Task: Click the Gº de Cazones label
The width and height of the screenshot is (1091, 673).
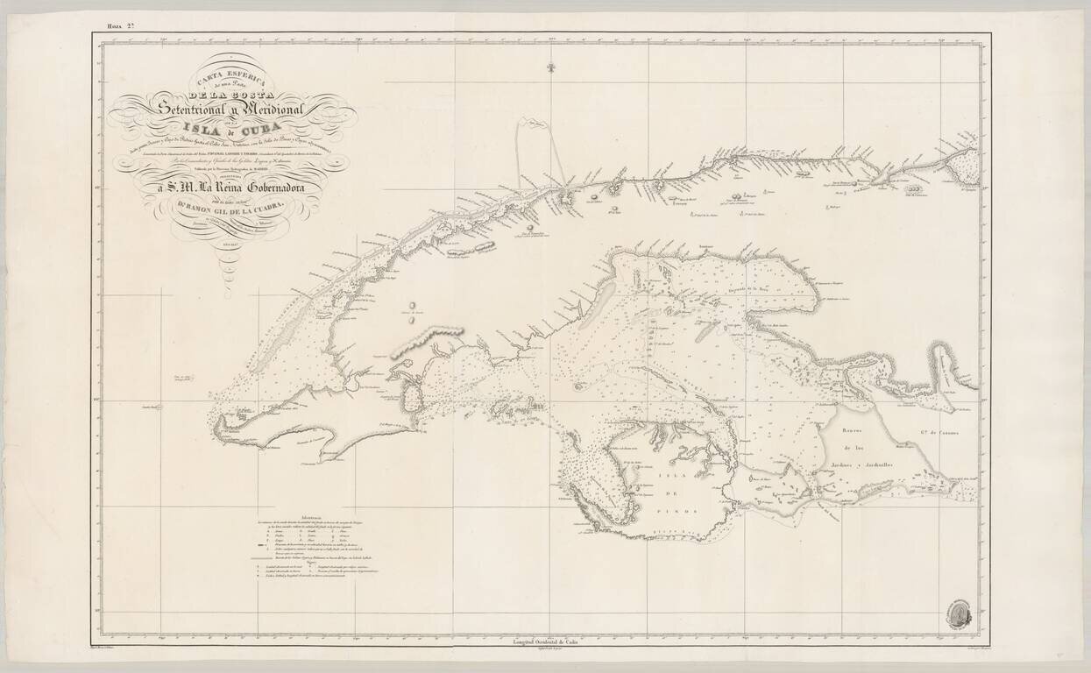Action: click(944, 429)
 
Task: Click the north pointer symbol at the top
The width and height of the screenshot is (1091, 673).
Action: click(551, 68)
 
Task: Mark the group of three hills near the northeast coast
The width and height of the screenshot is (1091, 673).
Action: click(915, 188)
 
